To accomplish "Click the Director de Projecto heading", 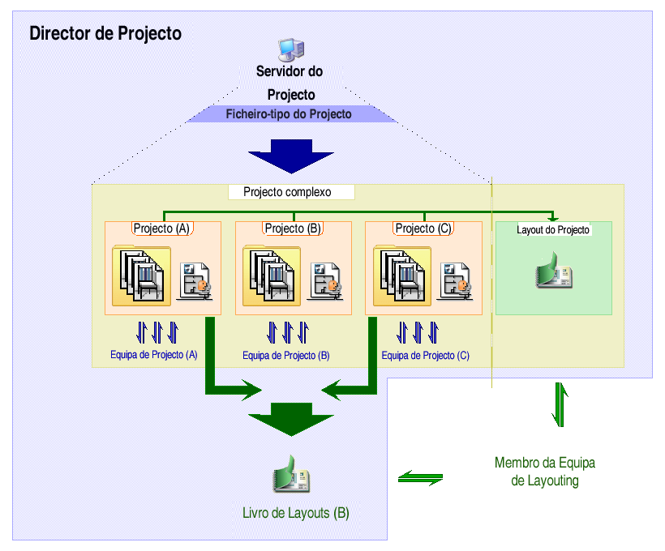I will (x=105, y=34).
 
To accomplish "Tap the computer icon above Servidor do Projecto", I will (x=290, y=50).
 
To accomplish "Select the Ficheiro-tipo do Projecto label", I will (x=289, y=114).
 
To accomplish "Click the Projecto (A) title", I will (x=161, y=229).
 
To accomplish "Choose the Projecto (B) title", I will (x=293, y=229).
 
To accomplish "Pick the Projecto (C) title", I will (x=423, y=229).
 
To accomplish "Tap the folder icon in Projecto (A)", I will (x=142, y=275).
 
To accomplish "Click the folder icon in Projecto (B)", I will (x=272, y=275).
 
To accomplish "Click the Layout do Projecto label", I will (x=553, y=230).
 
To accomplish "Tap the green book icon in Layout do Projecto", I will (x=554, y=271).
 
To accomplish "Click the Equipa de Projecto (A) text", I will (x=154, y=355).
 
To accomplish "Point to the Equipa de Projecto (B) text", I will (x=285, y=356).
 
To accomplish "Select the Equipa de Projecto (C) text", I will (x=425, y=356).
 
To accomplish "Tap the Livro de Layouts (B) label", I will (x=296, y=513).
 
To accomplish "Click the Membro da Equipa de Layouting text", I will (x=545, y=472).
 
